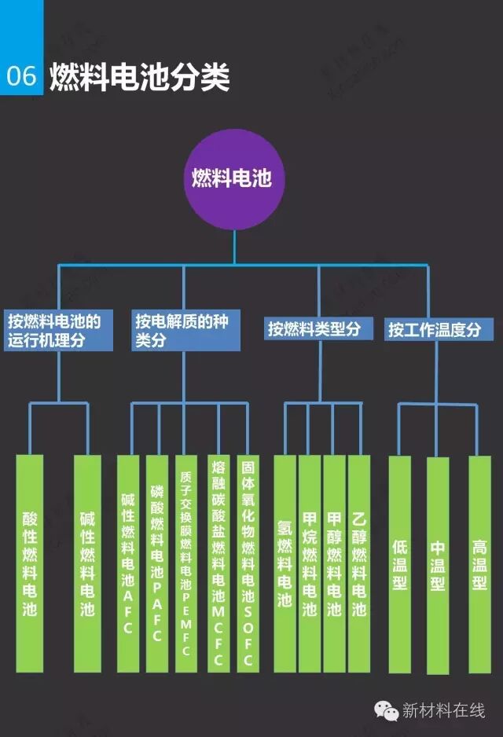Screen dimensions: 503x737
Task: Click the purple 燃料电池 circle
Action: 233,178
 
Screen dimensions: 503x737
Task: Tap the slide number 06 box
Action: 21,75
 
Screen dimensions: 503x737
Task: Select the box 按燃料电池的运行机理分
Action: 56,331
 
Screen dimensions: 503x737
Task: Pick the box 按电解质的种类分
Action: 185,331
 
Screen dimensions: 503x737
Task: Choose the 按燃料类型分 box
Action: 318,328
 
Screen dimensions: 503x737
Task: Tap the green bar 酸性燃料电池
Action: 30,563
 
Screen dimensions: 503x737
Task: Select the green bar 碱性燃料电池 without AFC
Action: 87,563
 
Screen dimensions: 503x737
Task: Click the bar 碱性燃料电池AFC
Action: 128,563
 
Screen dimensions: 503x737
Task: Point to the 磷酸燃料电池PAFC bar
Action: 156,563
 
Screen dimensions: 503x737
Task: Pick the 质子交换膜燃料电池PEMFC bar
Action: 185,563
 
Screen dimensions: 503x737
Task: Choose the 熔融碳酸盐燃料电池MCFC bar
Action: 218,563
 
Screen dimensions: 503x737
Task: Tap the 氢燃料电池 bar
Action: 285,563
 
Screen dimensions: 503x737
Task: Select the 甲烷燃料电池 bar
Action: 310,563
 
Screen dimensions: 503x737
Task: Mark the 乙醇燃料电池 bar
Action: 359,563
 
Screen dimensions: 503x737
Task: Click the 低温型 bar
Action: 399,563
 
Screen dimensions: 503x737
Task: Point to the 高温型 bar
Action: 479,563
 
